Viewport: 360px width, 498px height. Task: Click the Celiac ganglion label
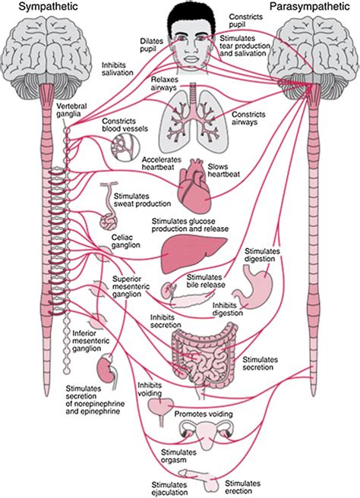click(113, 241)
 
